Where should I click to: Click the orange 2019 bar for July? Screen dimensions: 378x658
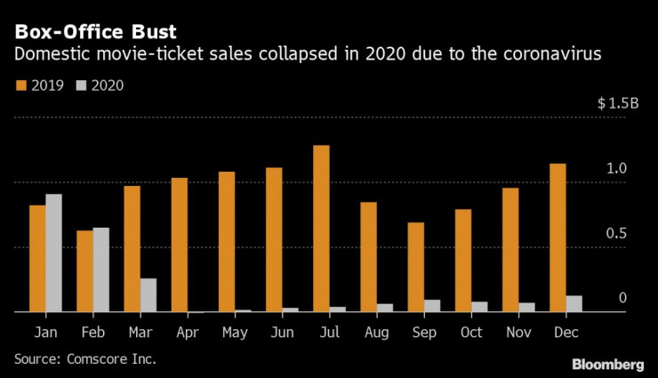click(x=322, y=229)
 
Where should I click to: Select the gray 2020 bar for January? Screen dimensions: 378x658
click(x=53, y=253)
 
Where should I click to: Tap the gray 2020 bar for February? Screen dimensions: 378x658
click(x=100, y=270)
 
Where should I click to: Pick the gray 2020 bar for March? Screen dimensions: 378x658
click(x=148, y=295)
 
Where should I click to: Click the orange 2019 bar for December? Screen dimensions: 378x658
click(x=558, y=237)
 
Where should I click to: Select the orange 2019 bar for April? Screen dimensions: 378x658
click(x=180, y=245)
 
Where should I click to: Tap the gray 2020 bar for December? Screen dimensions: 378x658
click(x=574, y=304)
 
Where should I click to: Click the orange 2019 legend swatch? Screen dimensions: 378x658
click(x=20, y=86)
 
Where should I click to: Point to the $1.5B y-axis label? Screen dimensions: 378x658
click(x=618, y=103)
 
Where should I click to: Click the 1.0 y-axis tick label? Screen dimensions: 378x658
click(x=617, y=168)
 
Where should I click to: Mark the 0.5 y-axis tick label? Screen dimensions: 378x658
click(x=617, y=233)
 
